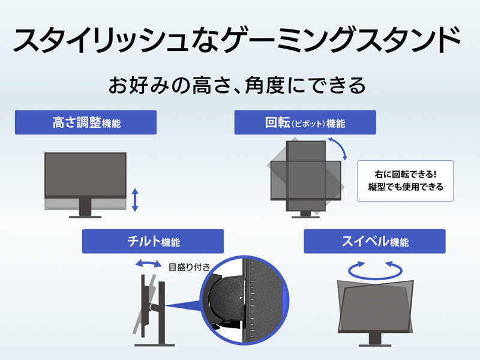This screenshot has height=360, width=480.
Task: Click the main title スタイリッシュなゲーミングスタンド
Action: point(236,40)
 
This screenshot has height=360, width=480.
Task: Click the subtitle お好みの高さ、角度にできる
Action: point(237,85)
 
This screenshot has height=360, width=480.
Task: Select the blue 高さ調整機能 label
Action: point(86,122)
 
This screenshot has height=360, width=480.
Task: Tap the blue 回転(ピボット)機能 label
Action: point(305,122)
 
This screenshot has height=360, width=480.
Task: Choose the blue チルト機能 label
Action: point(153,241)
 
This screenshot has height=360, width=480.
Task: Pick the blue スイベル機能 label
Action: point(374,241)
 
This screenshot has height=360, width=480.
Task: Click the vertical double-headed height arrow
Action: point(135,200)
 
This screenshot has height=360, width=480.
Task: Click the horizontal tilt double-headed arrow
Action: point(148,263)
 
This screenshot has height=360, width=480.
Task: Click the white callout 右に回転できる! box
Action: point(406,181)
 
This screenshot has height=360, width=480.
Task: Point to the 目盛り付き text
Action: point(189,267)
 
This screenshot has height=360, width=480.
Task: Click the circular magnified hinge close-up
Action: point(244,301)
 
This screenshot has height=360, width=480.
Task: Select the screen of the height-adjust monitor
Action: point(85,175)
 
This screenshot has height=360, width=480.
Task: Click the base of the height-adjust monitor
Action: point(85,217)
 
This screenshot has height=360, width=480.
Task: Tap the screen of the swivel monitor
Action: point(376,307)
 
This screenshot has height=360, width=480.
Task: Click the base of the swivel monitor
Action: point(375,346)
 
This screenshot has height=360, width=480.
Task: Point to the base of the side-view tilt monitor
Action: point(155,345)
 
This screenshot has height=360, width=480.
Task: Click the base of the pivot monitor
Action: point(305,217)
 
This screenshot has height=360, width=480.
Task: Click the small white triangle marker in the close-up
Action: point(241,298)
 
